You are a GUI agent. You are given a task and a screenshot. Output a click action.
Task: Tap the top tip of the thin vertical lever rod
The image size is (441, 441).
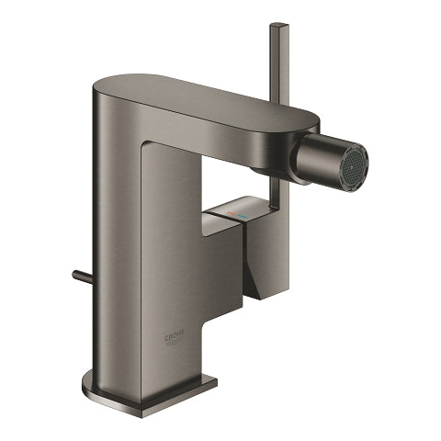[x=277, y=28]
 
